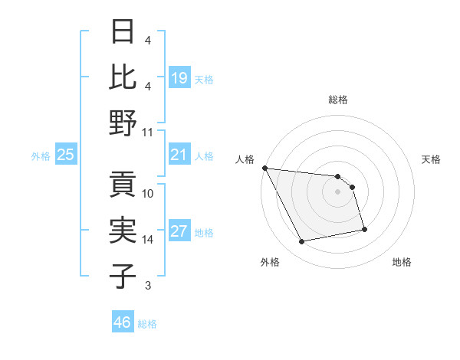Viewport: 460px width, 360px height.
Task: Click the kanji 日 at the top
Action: (x=123, y=31)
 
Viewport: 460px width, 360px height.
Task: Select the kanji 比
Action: (x=123, y=77)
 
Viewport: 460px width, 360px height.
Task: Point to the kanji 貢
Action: (x=123, y=184)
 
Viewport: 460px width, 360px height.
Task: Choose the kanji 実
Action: (x=123, y=230)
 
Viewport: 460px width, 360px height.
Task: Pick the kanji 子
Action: (x=123, y=276)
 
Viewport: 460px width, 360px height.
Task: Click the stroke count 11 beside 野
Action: (x=148, y=132)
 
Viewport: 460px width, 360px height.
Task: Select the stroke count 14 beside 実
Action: (x=148, y=240)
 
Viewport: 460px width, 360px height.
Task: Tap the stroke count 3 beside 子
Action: (x=147, y=286)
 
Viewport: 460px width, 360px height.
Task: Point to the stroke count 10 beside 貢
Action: (x=148, y=193)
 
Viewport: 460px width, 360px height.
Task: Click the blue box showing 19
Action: (x=179, y=78)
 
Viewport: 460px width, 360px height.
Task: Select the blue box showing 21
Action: (x=179, y=155)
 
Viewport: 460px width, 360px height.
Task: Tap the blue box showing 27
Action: (x=179, y=232)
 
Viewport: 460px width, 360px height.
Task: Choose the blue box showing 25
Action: (x=66, y=155)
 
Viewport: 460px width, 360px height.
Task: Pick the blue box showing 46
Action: (x=122, y=322)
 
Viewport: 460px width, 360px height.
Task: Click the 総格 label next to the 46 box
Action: (x=147, y=324)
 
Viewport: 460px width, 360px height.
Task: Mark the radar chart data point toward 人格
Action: (x=264, y=168)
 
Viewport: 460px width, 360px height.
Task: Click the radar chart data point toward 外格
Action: (x=301, y=242)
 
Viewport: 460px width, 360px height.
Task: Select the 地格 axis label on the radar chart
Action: (x=402, y=262)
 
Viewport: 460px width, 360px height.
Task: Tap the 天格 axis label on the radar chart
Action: (x=431, y=159)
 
